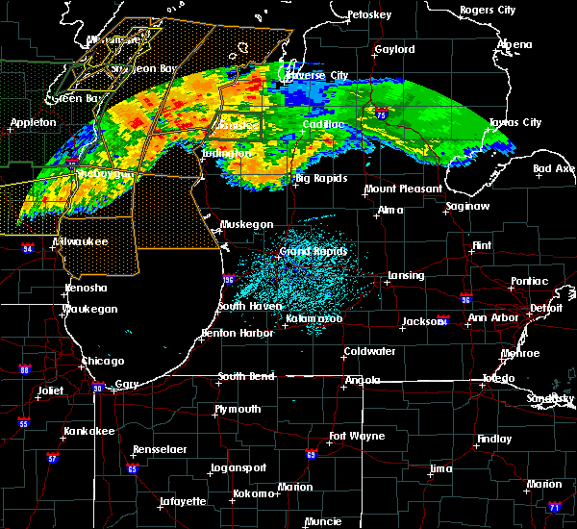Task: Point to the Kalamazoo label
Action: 314,318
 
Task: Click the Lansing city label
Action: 405,276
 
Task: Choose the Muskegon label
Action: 246,224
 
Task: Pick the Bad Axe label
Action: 554,168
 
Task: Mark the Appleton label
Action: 33,123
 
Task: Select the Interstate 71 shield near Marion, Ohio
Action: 554,507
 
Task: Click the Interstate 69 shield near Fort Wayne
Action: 312,454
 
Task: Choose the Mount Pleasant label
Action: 403,189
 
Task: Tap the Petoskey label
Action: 369,15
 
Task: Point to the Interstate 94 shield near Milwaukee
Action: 27,249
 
